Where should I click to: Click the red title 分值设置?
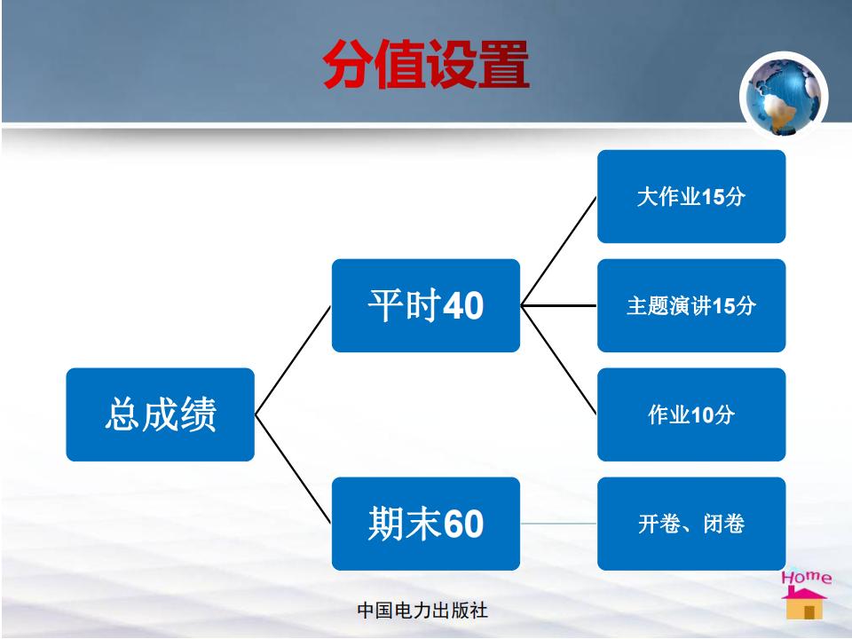click(x=425, y=64)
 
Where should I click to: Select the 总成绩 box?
click(x=161, y=414)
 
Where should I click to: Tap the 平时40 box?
click(x=425, y=305)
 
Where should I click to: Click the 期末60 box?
click(x=425, y=524)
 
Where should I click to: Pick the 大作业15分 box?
click(x=691, y=196)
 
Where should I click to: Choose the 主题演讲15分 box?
click(x=691, y=305)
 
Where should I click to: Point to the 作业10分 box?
click(x=691, y=414)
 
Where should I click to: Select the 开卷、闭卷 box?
click(x=691, y=524)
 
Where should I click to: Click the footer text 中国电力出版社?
click(x=422, y=611)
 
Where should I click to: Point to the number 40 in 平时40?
click(x=463, y=305)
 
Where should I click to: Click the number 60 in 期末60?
click(x=463, y=524)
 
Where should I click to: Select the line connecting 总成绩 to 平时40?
click(x=293, y=360)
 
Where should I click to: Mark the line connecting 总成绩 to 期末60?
click(x=293, y=469)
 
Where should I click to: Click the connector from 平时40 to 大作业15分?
click(x=558, y=251)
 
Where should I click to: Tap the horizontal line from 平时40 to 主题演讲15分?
click(x=558, y=305)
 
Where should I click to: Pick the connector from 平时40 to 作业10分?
click(x=558, y=360)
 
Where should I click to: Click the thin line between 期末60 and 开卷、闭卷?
click(x=558, y=524)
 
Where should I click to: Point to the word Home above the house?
click(x=807, y=577)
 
